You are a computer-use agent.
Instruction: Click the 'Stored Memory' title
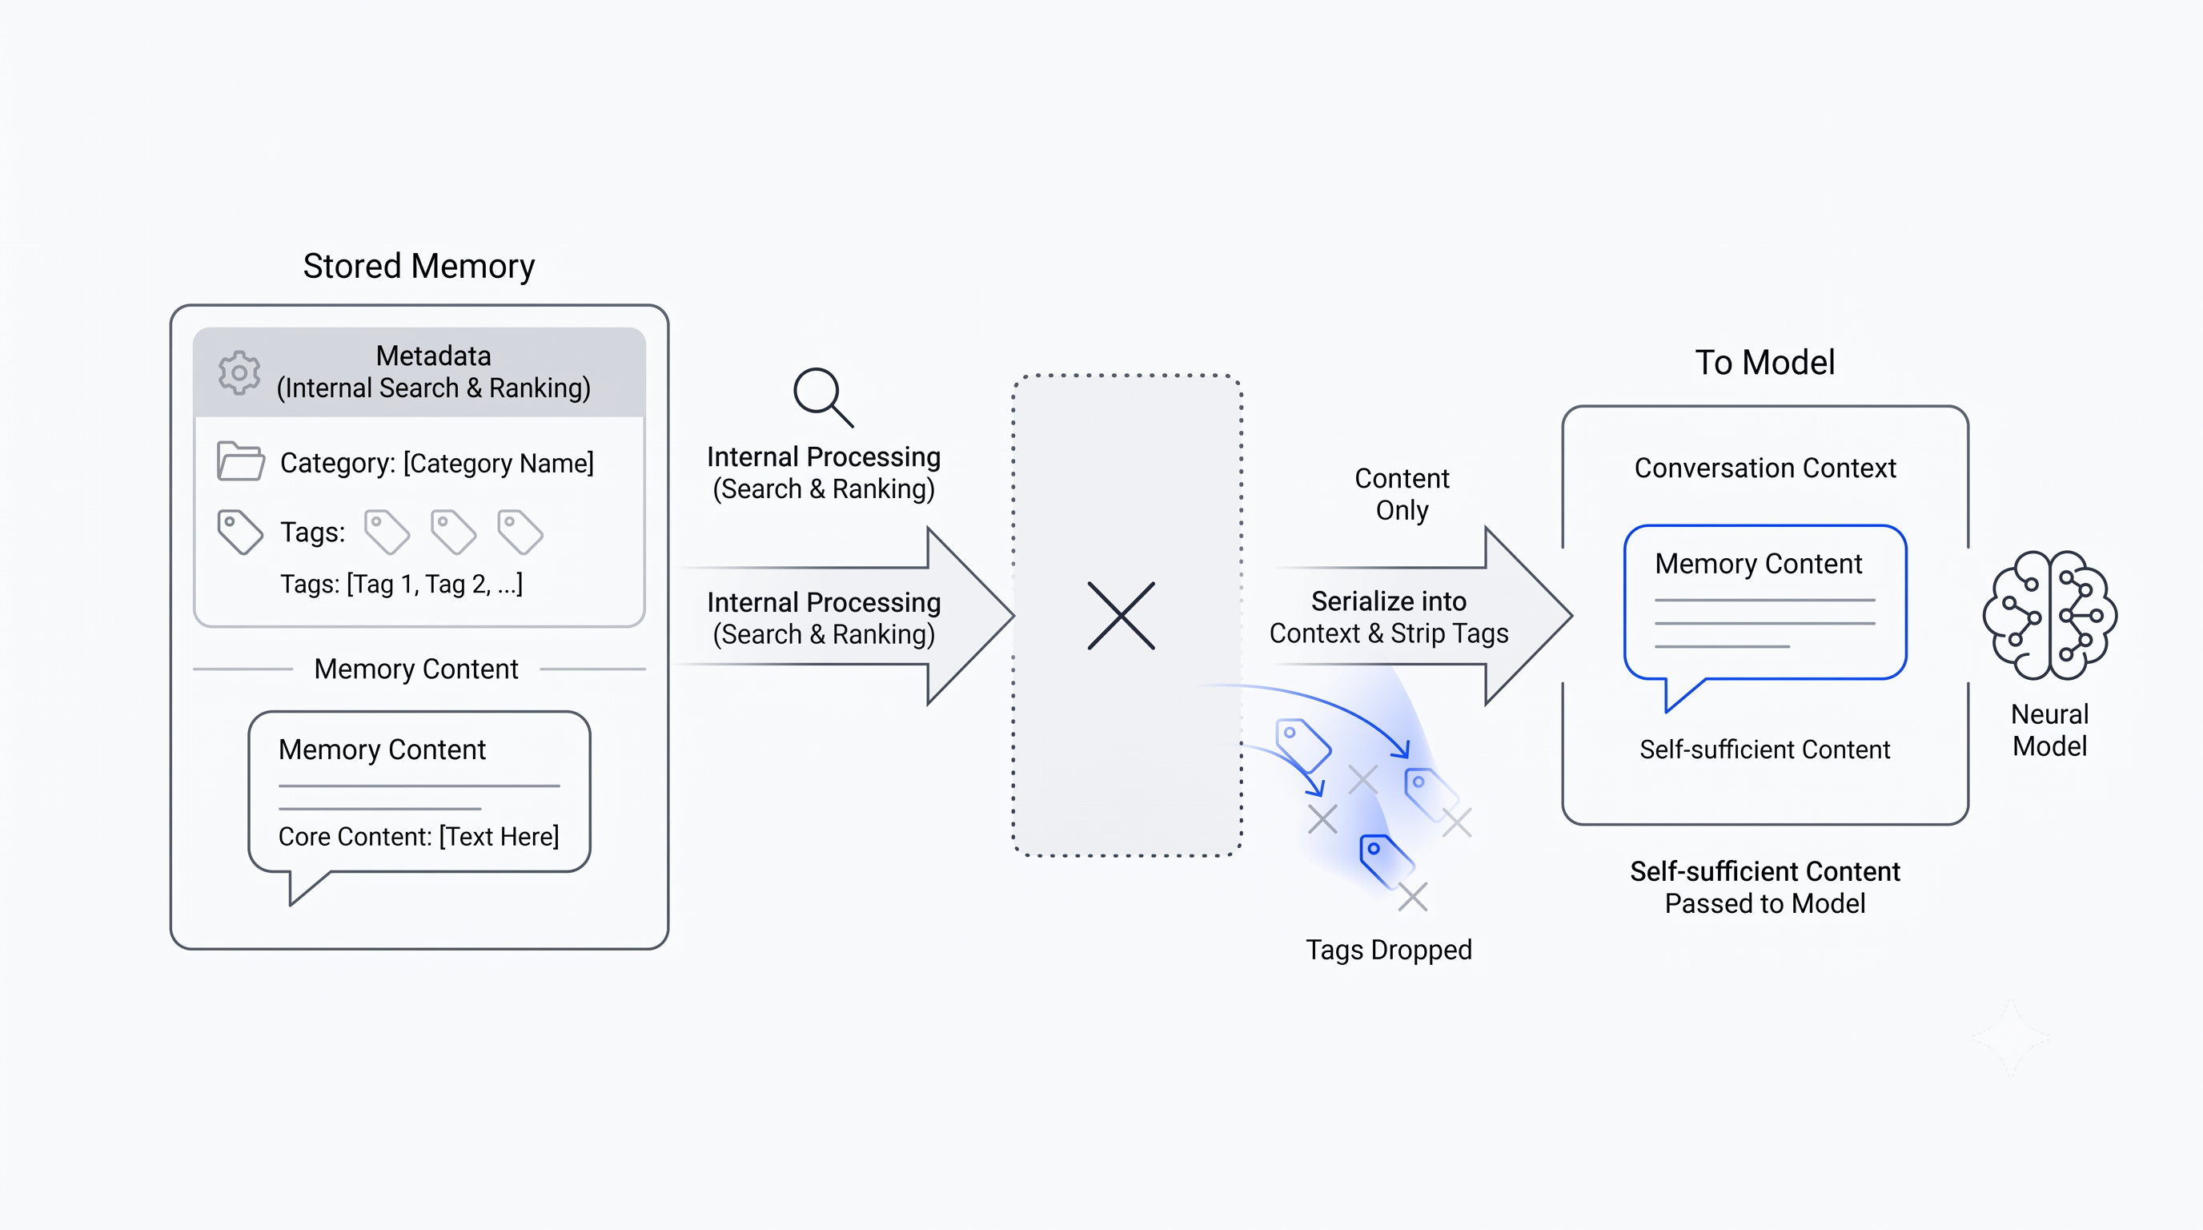point(418,266)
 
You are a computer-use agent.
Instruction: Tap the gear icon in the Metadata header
point(239,373)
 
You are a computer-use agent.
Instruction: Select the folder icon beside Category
point(240,461)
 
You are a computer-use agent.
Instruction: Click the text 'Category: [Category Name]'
point(437,463)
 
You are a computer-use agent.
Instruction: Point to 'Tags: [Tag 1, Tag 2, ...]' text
point(401,585)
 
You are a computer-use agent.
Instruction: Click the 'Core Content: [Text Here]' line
point(418,836)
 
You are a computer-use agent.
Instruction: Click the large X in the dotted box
point(1122,616)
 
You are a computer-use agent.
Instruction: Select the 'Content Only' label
point(1402,494)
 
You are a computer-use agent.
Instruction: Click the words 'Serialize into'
point(1389,601)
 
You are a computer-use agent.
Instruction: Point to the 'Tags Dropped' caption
point(1389,950)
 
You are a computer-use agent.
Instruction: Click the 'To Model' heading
point(1764,363)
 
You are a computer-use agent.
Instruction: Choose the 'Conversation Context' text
point(1765,468)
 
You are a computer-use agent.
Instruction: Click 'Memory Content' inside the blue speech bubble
point(1758,564)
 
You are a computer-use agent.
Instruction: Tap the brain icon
point(2050,615)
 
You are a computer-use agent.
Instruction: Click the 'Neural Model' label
point(2049,730)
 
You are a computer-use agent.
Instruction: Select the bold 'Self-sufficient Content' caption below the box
point(1765,871)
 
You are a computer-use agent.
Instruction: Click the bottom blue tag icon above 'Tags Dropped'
point(1386,862)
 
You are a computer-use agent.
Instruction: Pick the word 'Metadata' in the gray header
point(434,356)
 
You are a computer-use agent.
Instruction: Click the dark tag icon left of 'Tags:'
point(239,532)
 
